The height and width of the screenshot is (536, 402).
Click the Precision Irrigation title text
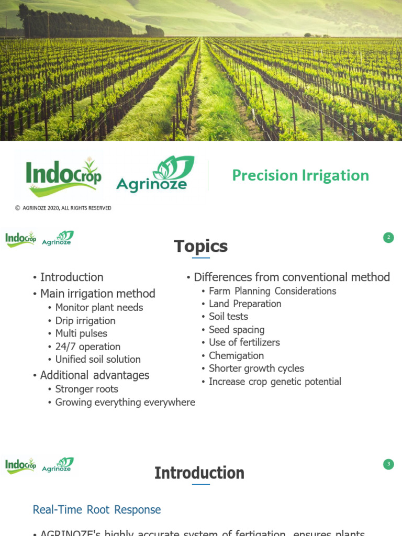[300, 175]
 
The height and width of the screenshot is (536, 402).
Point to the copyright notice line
[63, 208]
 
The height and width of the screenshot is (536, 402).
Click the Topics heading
[200, 246]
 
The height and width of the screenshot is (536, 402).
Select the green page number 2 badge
[388, 238]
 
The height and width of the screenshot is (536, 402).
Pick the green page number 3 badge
[388, 464]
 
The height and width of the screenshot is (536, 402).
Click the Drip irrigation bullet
[85, 320]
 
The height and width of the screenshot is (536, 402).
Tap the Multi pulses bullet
[81, 333]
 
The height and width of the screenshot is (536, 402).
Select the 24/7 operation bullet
[88, 347]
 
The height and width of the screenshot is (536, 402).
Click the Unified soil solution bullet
[98, 359]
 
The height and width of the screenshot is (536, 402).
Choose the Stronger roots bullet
[87, 389]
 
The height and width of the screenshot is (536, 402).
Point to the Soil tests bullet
[228, 316]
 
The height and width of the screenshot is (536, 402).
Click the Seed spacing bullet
[237, 329]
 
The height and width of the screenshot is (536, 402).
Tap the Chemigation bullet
[236, 355]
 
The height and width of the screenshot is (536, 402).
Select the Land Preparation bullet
[245, 304]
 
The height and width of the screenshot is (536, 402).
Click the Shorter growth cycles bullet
[256, 368]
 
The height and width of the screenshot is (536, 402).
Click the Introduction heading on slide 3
[199, 473]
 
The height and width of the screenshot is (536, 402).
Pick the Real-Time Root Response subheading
[97, 509]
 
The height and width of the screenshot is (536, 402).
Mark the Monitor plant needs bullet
[99, 307]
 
